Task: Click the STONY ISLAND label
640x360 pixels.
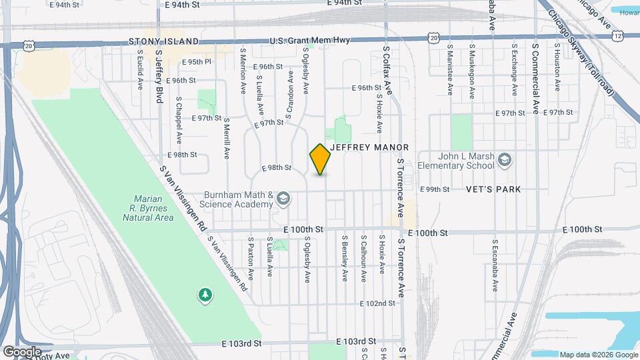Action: pos(165,41)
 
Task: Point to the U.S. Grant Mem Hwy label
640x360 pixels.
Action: pos(310,41)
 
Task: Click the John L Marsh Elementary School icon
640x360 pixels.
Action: pos(505,159)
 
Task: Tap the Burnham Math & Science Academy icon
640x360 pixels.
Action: pos(284,198)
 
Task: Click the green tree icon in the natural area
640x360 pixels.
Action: pos(205,294)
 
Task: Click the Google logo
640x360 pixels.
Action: pos(21,352)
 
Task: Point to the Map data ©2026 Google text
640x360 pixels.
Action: pos(598,355)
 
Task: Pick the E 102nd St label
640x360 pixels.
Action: pos(377,303)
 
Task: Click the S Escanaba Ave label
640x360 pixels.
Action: pos(495,265)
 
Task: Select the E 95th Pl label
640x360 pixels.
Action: pos(197,61)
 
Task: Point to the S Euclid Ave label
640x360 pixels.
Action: pos(140,69)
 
